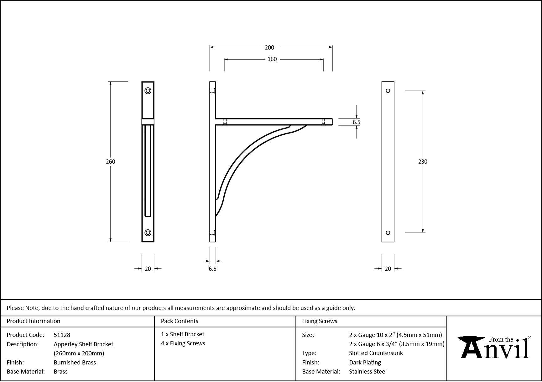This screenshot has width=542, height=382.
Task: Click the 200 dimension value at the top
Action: point(269,48)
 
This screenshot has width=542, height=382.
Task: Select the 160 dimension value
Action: point(272,59)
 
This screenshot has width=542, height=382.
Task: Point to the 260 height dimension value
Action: point(111,162)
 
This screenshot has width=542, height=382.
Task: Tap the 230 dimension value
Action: point(423,162)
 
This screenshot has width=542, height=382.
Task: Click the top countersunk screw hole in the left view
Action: point(148,91)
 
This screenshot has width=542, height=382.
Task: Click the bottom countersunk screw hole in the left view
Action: point(148,233)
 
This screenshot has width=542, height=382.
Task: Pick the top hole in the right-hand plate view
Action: point(388,91)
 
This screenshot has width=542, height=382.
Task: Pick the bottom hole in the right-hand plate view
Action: point(388,233)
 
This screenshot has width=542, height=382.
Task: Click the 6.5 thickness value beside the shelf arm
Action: point(357,123)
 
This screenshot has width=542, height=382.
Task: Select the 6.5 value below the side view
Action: point(212,269)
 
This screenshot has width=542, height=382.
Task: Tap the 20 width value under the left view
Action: point(148,269)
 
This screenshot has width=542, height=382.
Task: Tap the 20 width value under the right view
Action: point(388,269)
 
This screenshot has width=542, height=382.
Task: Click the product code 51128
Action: point(62,335)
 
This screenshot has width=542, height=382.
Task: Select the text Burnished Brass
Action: point(75,363)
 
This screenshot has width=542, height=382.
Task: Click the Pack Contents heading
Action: point(180,321)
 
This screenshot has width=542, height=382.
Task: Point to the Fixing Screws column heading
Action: point(320,321)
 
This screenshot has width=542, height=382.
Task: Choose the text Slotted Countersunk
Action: point(376,353)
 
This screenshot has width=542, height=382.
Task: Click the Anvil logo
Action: point(494,348)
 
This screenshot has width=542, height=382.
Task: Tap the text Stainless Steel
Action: point(368,372)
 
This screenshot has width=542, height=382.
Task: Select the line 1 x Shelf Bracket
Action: point(183,334)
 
